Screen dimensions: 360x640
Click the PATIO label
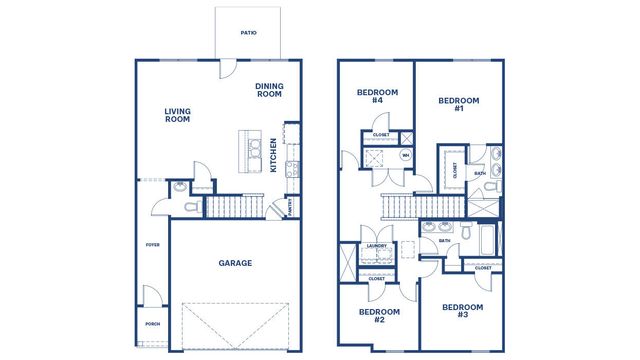tap(249, 33)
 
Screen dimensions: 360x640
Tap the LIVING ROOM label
tap(177, 115)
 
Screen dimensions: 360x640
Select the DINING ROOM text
tap(269, 90)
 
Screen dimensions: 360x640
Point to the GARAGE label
tap(235, 264)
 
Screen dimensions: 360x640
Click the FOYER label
tap(153, 244)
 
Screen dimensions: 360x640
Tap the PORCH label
tap(153, 323)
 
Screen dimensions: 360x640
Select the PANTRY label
tap(289, 207)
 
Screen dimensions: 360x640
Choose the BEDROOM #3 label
tap(462, 311)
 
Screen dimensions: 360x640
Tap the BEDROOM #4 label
tap(378, 97)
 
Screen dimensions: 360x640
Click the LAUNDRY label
tap(377, 245)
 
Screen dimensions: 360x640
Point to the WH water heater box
tap(405, 155)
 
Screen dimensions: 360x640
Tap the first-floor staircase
tap(240, 207)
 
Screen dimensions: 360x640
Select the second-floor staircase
tap(421, 206)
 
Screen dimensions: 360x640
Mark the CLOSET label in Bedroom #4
tap(381, 135)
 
